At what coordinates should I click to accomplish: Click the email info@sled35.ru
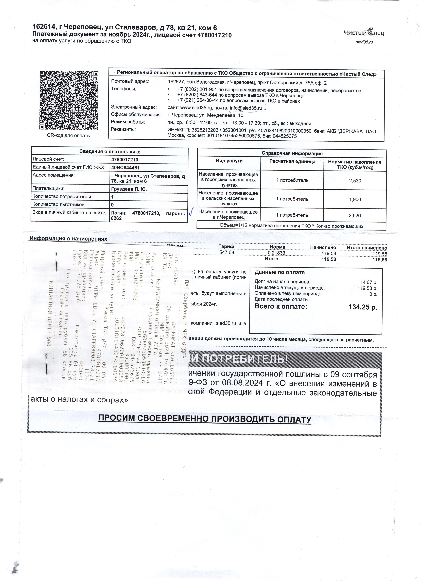(246, 108)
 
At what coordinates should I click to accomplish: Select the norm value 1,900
(355, 200)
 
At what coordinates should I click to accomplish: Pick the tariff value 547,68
(227, 252)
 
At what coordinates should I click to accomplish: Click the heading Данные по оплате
(279, 272)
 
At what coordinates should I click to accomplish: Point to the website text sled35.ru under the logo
(364, 42)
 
